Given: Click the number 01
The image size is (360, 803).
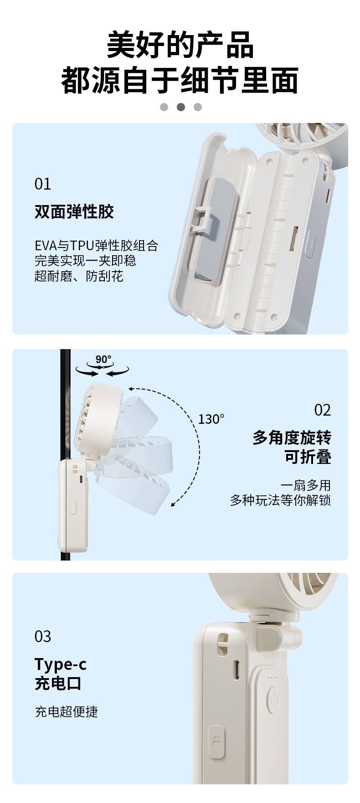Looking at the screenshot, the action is (42, 184).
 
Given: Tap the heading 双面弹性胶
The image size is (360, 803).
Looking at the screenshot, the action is (74, 211).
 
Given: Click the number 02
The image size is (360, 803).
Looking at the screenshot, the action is (322, 410).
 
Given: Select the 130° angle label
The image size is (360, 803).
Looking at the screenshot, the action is (211, 419).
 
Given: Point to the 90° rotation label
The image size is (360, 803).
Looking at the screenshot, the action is (103, 360).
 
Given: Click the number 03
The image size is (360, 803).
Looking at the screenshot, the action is (43, 637).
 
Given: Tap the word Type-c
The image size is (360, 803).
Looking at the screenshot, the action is (61, 664).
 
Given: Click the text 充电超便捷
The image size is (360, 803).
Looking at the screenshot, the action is (67, 711).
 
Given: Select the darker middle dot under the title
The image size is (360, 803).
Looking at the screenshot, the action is (181, 107).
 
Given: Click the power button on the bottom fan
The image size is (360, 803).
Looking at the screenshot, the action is (272, 698).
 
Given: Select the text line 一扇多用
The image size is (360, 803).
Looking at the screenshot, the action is (306, 485).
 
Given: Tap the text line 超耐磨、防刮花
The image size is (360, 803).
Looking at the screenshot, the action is (79, 276).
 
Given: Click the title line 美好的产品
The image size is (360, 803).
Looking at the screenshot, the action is (180, 45).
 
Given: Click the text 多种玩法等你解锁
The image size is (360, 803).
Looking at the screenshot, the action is (280, 500).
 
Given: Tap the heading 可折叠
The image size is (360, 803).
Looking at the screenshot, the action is (308, 457).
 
